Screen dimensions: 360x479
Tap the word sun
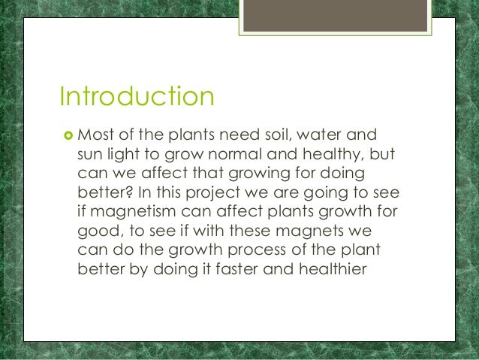(91, 155)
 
